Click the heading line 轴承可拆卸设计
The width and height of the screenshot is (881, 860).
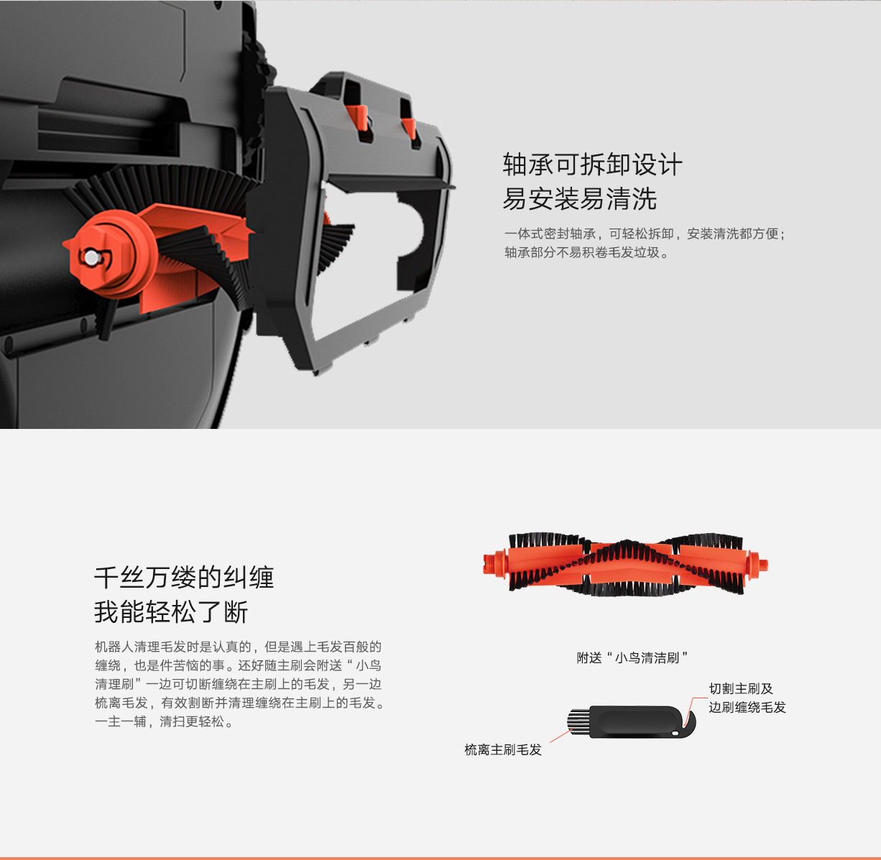(x=592, y=165)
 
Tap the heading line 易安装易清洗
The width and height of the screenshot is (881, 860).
(x=579, y=199)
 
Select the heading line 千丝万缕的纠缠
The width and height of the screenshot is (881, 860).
(x=184, y=578)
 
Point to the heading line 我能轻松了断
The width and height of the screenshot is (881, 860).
(x=171, y=612)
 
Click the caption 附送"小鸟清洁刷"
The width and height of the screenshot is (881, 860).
(x=632, y=657)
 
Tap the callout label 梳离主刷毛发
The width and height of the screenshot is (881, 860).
(x=503, y=750)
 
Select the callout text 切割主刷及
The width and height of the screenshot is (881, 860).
(x=741, y=688)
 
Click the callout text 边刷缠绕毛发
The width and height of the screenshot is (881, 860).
(x=747, y=707)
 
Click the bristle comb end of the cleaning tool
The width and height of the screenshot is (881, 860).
(x=578, y=721)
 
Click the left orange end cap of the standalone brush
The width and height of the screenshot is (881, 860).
(x=495, y=564)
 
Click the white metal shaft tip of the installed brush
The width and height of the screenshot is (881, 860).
(x=92, y=257)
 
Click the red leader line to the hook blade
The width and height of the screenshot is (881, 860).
(x=696, y=706)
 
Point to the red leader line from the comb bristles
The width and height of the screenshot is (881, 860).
(x=561, y=736)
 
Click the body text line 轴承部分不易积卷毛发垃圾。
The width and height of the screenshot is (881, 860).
(x=586, y=253)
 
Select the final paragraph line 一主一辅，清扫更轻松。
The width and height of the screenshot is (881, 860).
(x=165, y=721)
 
